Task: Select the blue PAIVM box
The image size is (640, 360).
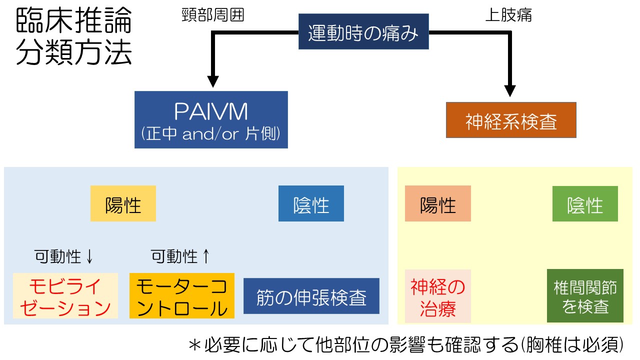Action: (211, 119)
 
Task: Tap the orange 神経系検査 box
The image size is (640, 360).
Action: (511, 120)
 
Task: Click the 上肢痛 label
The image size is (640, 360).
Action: (508, 15)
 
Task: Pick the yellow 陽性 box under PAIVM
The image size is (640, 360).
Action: (123, 203)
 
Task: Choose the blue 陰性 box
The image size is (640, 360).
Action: (311, 203)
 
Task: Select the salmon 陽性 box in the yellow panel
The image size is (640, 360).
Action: (438, 203)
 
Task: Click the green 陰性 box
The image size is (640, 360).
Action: (585, 203)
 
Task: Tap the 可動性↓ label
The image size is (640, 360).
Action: (64, 256)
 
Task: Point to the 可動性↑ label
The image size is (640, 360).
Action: (181, 256)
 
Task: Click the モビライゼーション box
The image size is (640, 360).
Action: (65, 296)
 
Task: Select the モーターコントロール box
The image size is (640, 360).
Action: (181, 296)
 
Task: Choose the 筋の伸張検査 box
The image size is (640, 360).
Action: (311, 296)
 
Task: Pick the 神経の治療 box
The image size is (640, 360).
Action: (438, 296)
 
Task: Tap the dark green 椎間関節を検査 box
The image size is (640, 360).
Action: (585, 296)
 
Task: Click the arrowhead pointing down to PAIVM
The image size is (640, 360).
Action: (213, 81)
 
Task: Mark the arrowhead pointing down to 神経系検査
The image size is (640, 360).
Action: (510, 90)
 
